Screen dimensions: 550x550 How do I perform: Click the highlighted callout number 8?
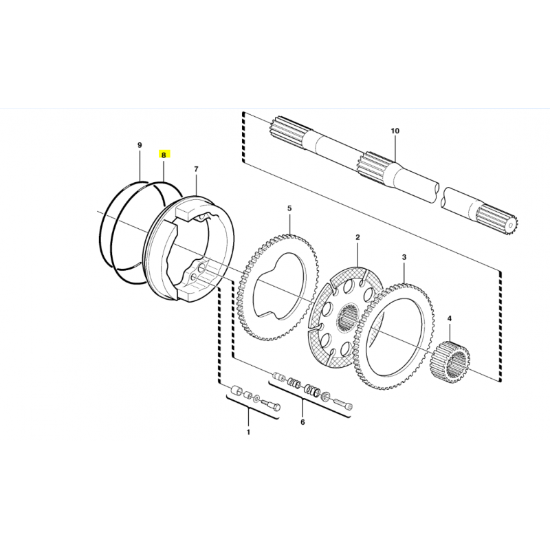164,154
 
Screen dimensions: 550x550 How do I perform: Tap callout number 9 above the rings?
140,145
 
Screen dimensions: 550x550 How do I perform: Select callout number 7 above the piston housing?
196,169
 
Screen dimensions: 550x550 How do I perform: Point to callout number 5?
289,208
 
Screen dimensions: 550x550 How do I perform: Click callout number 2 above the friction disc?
357,237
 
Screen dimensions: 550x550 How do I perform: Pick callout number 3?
404,257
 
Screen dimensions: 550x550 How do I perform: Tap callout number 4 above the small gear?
450,318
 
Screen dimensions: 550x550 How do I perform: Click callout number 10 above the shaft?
395,131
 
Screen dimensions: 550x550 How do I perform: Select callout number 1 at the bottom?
248,432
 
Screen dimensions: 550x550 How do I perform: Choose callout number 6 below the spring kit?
302,422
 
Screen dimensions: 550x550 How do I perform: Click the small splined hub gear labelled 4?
450,362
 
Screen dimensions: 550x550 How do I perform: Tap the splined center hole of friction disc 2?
348,318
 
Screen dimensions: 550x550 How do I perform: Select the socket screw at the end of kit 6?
344,403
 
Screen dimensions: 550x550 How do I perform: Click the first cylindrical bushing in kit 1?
236,390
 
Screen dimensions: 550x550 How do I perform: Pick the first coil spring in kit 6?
294,382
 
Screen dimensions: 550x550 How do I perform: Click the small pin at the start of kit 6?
279,376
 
